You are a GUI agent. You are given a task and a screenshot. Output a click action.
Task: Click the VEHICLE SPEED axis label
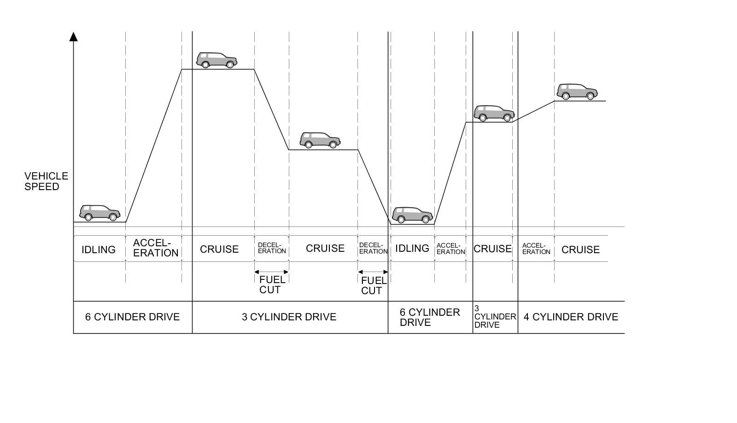46,181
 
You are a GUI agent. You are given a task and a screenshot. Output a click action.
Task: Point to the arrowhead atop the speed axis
73,37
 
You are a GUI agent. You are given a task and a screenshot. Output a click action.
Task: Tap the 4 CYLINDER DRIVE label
571,317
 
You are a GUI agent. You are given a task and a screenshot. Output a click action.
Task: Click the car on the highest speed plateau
216,60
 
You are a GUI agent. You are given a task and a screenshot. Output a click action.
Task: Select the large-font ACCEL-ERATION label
155,248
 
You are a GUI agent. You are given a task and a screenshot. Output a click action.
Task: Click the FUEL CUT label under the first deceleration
272,284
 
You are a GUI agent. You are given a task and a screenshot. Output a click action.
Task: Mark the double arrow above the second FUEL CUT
373,272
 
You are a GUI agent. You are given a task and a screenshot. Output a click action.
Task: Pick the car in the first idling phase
99,213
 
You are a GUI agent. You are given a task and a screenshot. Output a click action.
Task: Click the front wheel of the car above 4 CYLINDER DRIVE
590,96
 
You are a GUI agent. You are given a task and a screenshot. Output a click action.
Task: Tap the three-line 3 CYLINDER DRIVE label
495,317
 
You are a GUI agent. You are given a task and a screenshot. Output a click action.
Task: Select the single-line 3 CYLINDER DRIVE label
289,317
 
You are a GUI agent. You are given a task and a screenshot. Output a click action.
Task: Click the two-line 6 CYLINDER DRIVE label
429,317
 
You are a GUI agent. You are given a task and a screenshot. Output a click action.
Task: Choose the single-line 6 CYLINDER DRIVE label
132,317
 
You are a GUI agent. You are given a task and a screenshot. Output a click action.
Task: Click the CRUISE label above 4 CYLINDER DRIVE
580,249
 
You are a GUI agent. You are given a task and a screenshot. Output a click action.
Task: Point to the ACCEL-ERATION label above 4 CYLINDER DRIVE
536,249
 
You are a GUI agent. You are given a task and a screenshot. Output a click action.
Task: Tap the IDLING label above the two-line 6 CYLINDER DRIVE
412,249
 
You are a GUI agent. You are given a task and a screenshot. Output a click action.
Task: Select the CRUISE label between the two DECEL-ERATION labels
325,249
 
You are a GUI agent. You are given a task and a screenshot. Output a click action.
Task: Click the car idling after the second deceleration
412,215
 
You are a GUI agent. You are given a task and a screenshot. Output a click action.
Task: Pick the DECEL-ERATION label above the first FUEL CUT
272,248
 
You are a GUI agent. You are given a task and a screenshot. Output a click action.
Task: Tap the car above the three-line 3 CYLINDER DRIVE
494,113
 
